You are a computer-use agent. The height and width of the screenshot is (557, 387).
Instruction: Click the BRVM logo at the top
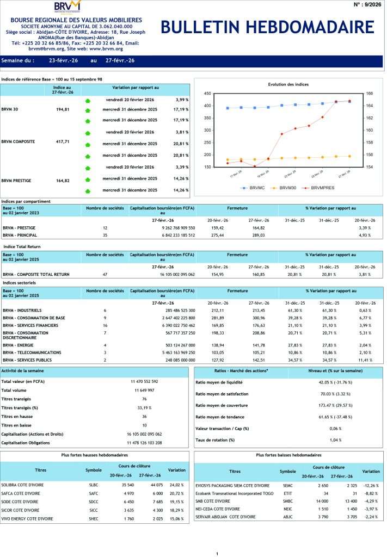67,7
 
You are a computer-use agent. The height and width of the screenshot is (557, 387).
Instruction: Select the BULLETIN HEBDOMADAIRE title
268,28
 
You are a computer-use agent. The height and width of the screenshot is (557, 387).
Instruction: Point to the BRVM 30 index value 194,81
63,109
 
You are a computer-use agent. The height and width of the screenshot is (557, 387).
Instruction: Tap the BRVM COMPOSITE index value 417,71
63,141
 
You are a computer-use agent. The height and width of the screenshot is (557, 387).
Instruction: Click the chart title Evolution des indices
288,84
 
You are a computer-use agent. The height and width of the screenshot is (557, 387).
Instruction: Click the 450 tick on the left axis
207,94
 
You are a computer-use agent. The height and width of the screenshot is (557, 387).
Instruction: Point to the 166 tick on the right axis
370,94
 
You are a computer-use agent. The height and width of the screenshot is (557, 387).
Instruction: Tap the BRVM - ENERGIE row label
20,345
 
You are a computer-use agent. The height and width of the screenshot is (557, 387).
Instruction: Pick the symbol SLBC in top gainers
94,485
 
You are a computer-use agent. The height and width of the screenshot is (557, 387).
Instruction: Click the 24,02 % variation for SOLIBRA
177,485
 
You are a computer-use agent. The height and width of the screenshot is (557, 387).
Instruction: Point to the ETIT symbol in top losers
288,493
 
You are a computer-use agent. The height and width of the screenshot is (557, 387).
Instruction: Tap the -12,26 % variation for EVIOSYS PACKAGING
371,485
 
